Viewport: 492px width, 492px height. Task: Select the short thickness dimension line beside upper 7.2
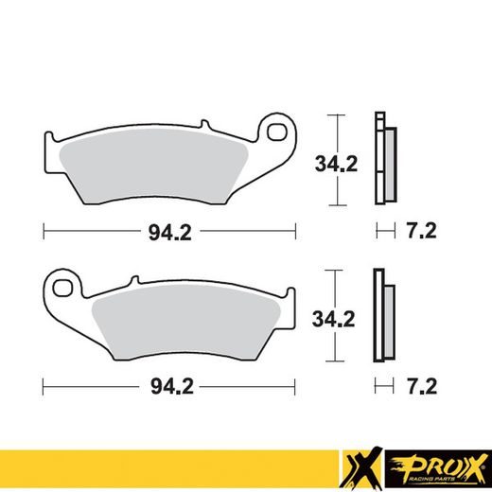coord(383,231)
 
